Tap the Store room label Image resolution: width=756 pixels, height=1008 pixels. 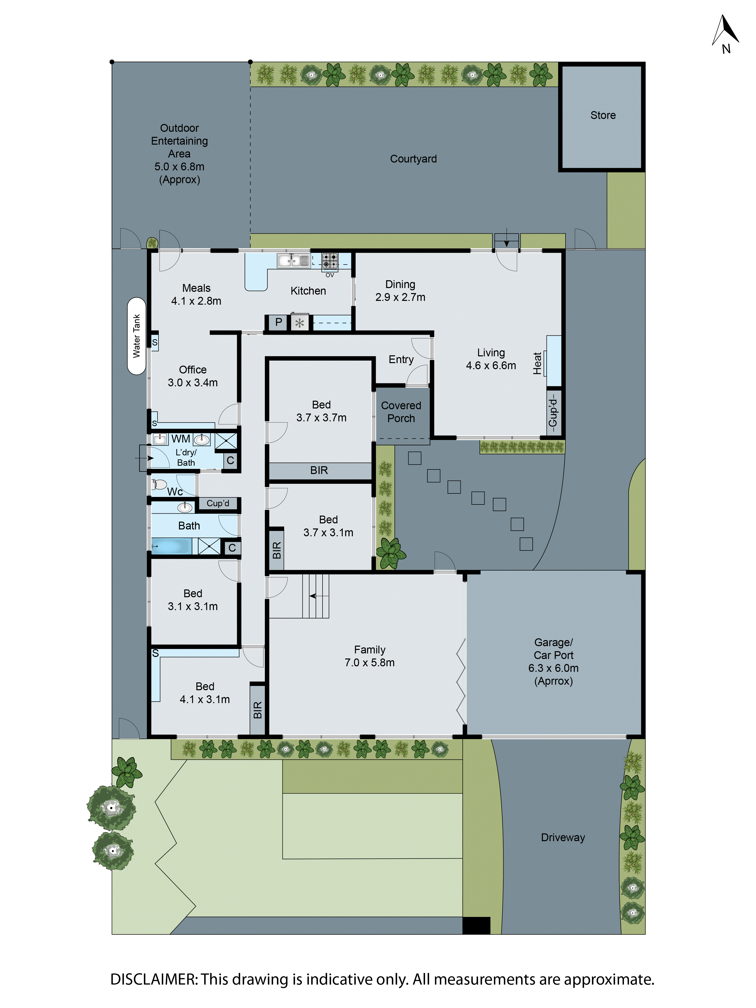tap(603, 115)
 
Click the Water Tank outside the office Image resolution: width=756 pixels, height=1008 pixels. tap(136, 336)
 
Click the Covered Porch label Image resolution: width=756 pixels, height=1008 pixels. tap(401, 412)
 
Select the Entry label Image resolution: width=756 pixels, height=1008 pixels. tap(401, 360)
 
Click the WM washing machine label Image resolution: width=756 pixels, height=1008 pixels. tap(180, 439)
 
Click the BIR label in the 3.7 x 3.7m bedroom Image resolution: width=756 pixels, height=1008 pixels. tap(319, 470)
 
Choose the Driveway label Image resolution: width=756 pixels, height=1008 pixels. tap(563, 838)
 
